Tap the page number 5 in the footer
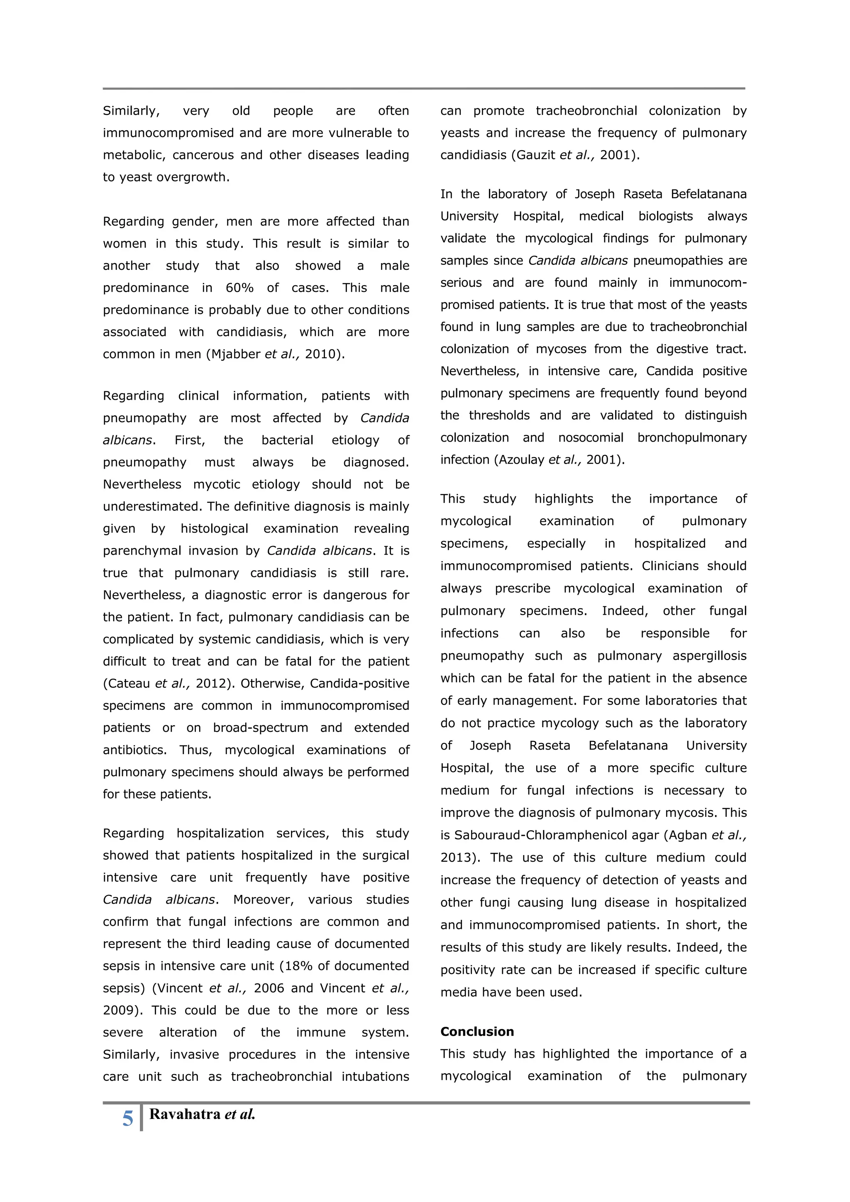128,1119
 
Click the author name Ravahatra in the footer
185,1114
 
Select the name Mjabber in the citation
235,354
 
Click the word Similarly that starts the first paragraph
131,111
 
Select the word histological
214,528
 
